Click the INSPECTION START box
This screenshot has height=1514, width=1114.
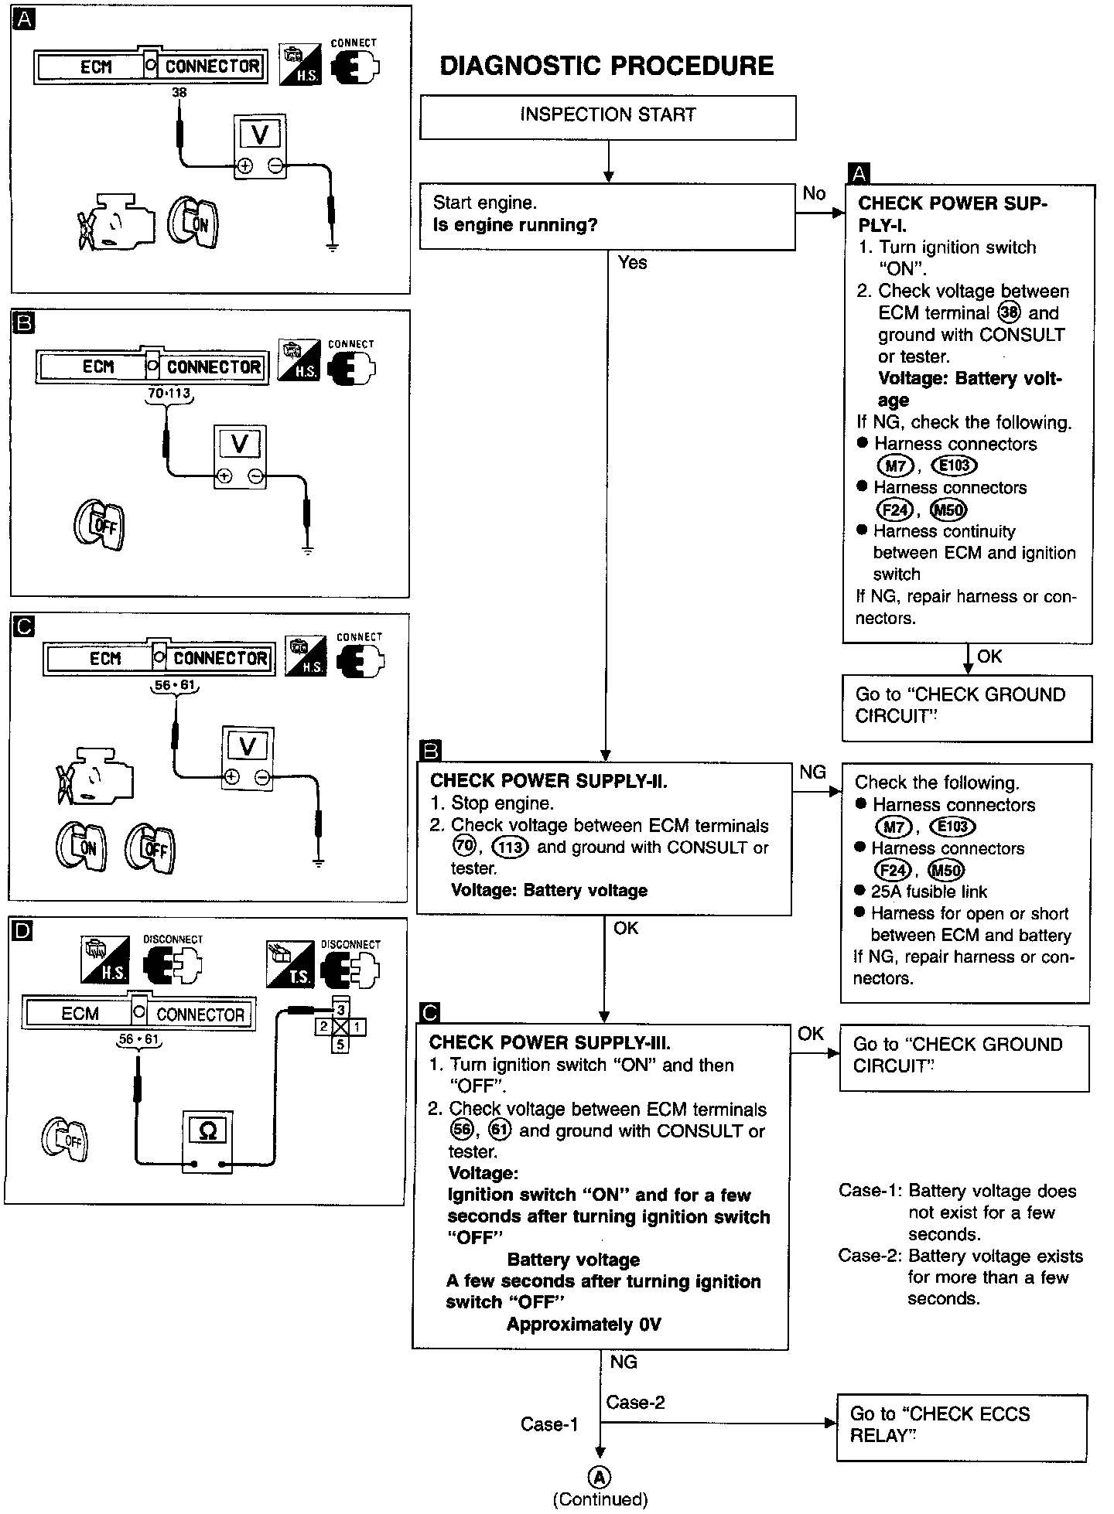(607, 117)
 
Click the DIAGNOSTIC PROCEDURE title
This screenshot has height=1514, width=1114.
(607, 66)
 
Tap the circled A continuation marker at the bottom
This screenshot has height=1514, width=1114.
(600, 1477)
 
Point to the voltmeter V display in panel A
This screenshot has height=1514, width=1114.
(260, 135)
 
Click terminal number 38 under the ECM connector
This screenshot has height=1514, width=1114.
(179, 93)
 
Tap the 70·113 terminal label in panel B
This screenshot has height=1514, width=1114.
(169, 394)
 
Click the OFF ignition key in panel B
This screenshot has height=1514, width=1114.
(99, 526)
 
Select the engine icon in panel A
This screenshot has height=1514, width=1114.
(116, 224)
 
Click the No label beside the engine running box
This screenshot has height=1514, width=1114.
(814, 193)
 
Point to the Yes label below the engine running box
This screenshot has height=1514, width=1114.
(632, 263)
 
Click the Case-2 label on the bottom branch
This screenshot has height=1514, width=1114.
(635, 1402)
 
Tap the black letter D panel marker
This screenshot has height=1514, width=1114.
(23, 930)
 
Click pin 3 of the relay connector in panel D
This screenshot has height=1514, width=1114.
(341, 1009)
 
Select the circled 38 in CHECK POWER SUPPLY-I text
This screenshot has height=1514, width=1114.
(1010, 312)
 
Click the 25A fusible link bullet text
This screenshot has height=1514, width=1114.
(928, 892)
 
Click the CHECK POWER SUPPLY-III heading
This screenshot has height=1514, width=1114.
(549, 1042)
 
